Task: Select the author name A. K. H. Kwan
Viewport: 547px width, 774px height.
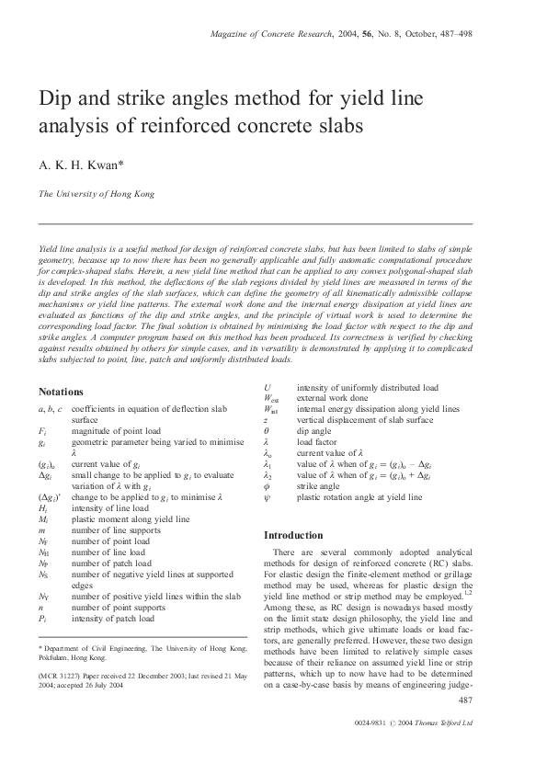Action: tap(74, 165)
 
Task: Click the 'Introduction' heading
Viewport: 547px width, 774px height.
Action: tap(293, 535)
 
